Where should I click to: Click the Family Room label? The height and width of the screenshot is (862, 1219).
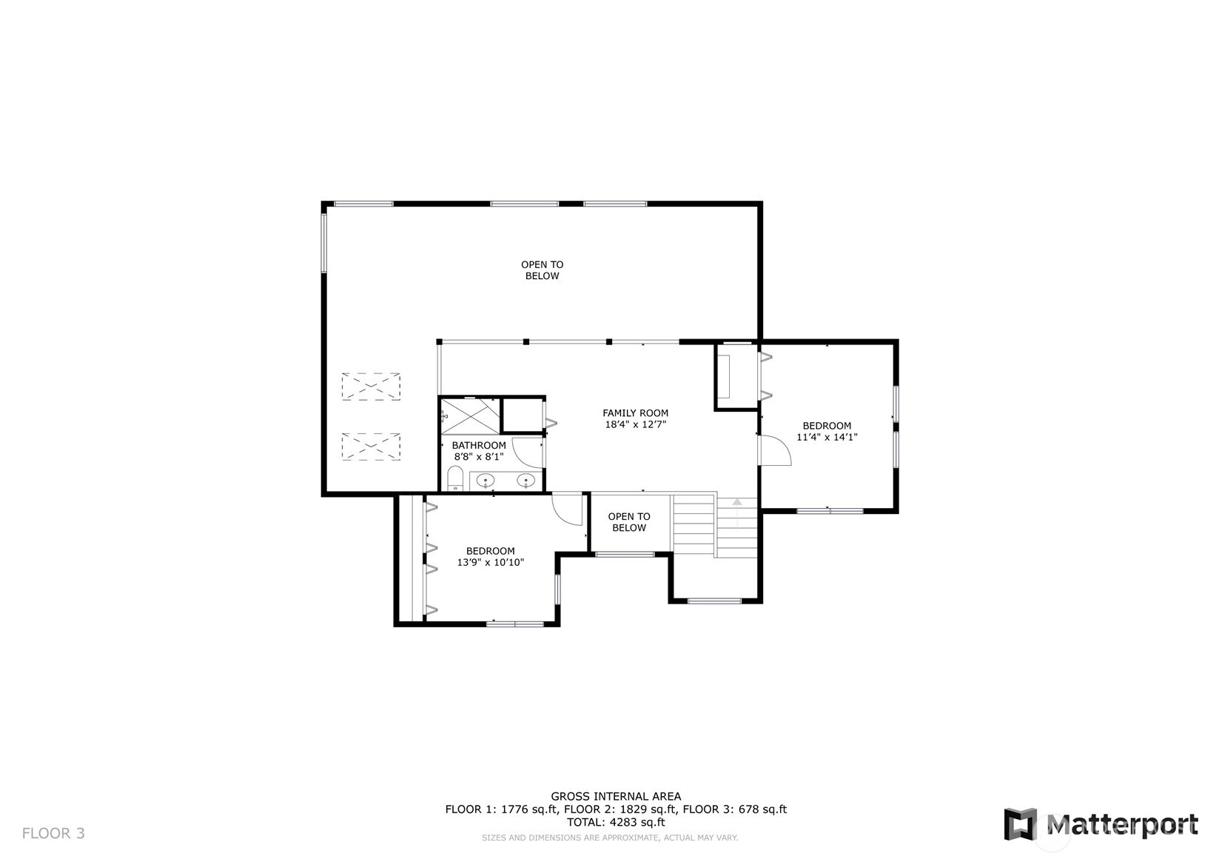click(635, 413)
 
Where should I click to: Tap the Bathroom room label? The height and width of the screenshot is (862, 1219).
click(479, 445)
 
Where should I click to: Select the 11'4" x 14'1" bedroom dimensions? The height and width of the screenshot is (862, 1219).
click(827, 437)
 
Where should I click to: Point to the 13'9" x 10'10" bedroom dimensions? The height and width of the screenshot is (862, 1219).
click(490, 562)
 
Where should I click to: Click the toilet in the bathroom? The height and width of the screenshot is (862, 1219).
click(455, 478)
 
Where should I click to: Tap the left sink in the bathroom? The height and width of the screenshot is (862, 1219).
click(485, 481)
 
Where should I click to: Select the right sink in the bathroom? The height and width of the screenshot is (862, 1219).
click(525, 481)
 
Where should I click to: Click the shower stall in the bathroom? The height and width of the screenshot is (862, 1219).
click(470, 416)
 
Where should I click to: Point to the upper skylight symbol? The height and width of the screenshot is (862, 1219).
click(371, 387)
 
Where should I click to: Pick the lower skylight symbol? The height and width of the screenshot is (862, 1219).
click(371, 447)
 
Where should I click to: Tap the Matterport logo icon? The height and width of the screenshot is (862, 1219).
click(1021, 824)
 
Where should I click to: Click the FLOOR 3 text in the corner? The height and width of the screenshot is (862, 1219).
click(53, 833)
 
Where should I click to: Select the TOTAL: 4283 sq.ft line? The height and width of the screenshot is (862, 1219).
click(616, 822)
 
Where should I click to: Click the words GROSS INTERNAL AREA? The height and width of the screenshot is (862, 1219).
click(616, 796)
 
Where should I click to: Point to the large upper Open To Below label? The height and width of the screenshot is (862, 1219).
click(542, 270)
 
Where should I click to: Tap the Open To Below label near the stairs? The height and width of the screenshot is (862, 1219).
click(629, 521)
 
